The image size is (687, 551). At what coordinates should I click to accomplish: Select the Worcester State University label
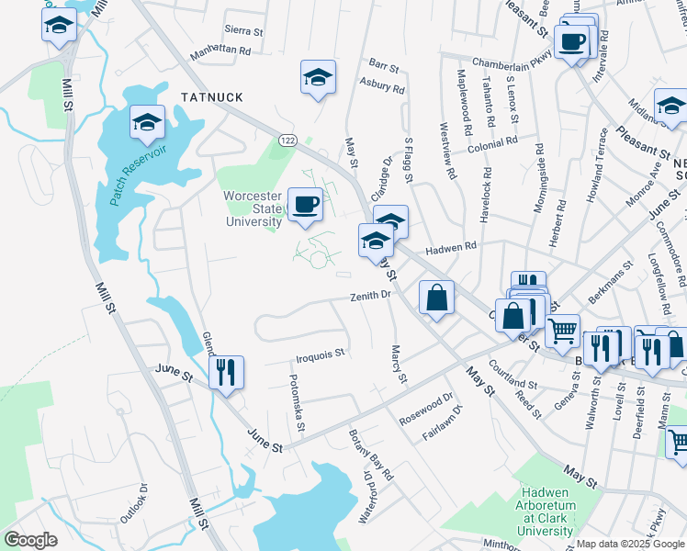(253, 208)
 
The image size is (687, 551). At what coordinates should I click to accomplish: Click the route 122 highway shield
(288, 139)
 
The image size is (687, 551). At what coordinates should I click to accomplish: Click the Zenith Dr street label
(371, 296)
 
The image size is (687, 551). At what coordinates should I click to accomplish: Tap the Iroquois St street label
(321, 353)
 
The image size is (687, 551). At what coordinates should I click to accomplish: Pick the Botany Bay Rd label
(370, 454)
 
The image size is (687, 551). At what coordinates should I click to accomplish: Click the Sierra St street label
(244, 31)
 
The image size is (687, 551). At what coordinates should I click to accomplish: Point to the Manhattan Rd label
(220, 51)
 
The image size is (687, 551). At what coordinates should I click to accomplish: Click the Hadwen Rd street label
(451, 247)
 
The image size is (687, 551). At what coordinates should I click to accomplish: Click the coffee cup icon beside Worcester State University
(305, 205)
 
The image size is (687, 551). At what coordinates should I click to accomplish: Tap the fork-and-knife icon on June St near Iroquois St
(225, 372)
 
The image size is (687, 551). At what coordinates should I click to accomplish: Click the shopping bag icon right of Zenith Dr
(436, 298)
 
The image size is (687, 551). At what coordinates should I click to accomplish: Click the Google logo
(30, 540)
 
